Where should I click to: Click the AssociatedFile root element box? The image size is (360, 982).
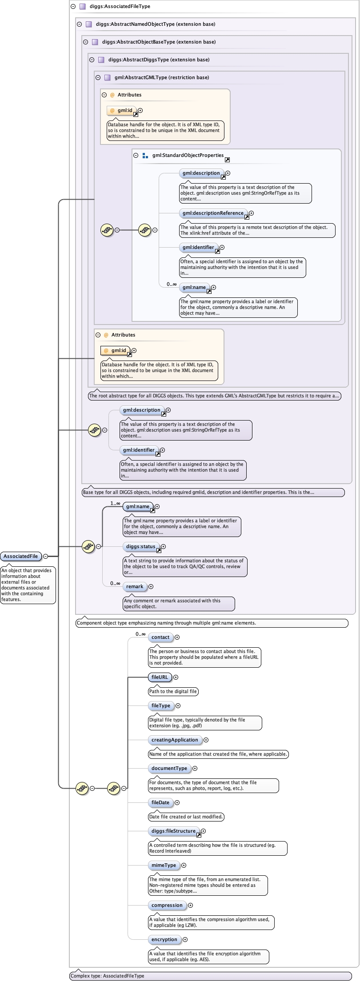coord(21,556)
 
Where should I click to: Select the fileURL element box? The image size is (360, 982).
coord(160,677)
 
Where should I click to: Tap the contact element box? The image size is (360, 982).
coord(160,637)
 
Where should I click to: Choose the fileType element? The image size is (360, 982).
coord(160,705)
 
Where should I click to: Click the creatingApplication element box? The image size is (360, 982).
coord(175,740)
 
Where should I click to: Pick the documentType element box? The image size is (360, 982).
coord(169,768)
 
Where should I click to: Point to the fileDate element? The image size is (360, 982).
coord(160,802)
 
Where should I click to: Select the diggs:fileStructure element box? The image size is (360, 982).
coord(173,831)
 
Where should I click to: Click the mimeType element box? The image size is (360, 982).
coord(164,865)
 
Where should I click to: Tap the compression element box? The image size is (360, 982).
coord(167,905)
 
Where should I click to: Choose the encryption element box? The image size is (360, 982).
coord(164,939)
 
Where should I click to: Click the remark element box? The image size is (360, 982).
coord(134,586)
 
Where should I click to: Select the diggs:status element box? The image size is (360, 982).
coord(140,546)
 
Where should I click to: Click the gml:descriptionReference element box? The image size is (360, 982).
coord(213,213)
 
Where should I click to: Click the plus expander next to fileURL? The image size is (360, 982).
coord(176,677)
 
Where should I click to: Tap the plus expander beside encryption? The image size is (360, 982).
coord(185,939)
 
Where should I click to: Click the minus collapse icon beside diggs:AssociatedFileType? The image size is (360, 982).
coord(73,7)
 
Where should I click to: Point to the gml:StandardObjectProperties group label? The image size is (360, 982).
coord(188,155)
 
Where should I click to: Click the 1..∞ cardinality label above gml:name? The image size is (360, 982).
coord(115,503)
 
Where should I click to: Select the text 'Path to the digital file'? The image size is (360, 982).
coord(173,691)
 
